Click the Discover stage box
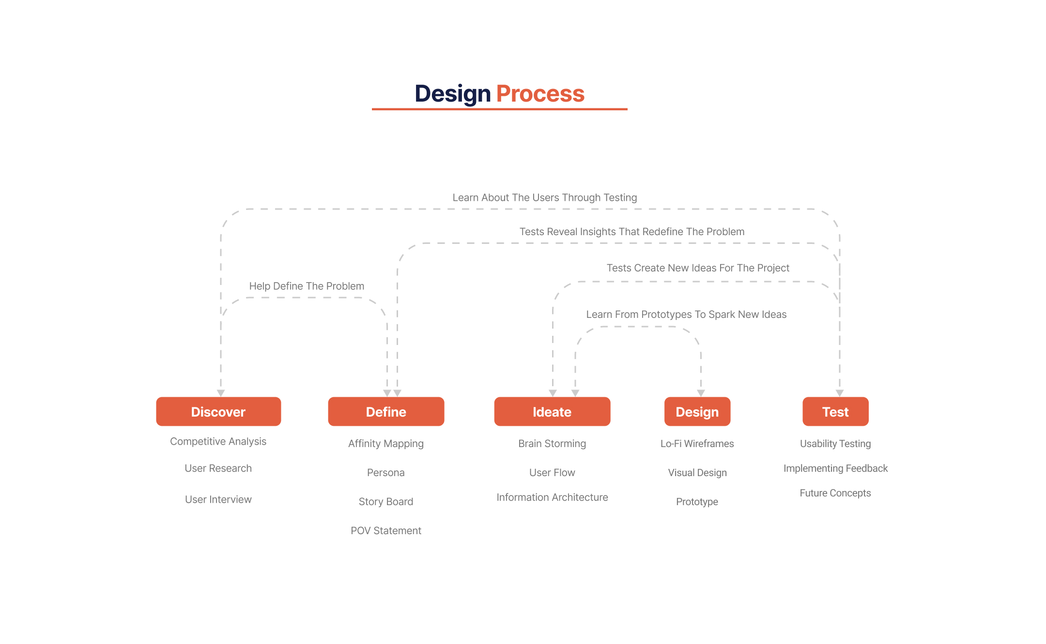click(218, 411)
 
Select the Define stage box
click(386, 411)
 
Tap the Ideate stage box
click(552, 411)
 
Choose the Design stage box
click(697, 411)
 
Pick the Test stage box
click(835, 411)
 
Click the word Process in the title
click(540, 93)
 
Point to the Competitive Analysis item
click(218, 441)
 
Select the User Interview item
click(218, 499)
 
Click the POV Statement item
click(386, 531)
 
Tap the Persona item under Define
click(386, 473)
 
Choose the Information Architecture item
click(552, 497)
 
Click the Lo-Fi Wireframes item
click(697, 444)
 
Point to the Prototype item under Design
click(697, 502)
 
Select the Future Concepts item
click(835, 493)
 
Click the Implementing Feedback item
click(835, 468)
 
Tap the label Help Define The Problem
click(307, 286)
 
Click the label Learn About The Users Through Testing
click(545, 197)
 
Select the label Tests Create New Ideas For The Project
click(698, 268)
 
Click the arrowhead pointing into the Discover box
click(221, 393)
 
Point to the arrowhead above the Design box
click(701, 393)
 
